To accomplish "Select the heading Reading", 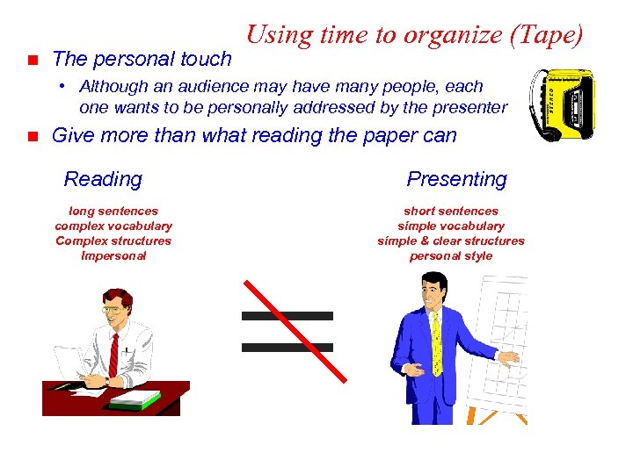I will tap(103, 179).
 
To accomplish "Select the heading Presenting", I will tap(456, 179).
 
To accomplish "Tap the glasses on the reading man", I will tap(113, 309).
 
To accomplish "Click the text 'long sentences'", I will tap(113, 211).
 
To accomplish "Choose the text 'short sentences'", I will tap(451, 211).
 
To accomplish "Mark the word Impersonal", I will tap(113, 255).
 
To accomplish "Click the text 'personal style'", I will tap(451, 255).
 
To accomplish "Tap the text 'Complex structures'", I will tap(113, 241).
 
